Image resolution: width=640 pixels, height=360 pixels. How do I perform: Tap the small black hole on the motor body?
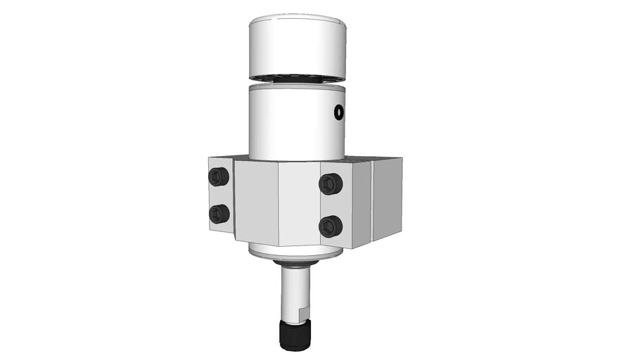coord(339,112)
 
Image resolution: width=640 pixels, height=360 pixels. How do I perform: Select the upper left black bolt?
coord(219,176)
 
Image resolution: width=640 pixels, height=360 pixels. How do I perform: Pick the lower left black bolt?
coord(219,213)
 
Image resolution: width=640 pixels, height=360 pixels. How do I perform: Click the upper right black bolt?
coord(330,184)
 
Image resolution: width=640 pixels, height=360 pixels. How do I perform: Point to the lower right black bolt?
coord(330,226)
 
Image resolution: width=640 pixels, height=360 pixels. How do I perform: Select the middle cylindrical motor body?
coord(295,123)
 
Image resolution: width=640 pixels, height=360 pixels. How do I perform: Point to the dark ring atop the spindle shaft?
coord(295,264)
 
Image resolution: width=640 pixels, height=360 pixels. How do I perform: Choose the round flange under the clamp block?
coord(295,252)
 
